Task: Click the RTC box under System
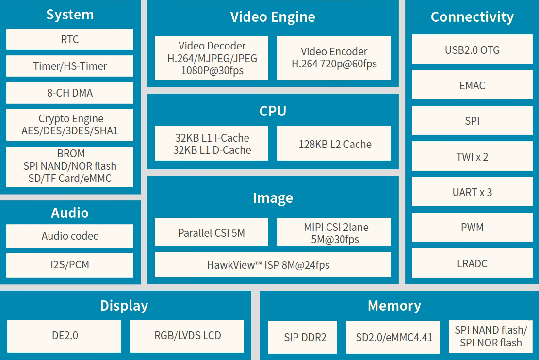(70, 39)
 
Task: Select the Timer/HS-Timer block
(70, 66)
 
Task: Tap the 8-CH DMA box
(70, 93)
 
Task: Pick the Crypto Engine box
(70, 125)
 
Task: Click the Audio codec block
(70, 236)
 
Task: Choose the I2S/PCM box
(70, 265)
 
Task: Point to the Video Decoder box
(212, 58)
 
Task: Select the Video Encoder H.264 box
(334, 58)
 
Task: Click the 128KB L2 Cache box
(334, 144)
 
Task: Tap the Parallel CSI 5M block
(212, 232)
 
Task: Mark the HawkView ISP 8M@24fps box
(273, 265)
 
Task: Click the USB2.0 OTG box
(472, 49)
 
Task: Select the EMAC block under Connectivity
(472, 85)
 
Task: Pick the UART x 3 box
(472, 192)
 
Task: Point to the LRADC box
(472, 263)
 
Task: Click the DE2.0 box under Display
(65, 335)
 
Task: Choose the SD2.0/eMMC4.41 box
(393, 337)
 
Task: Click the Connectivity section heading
(472, 17)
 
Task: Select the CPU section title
(273, 111)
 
